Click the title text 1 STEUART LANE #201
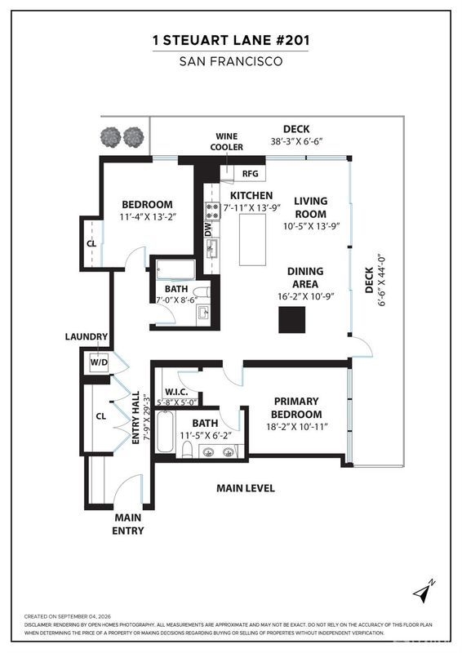pos(231,40)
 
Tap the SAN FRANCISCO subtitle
pos(231,62)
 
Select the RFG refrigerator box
pos(250,174)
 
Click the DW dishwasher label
pos(208,229)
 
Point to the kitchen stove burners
pos(212,211)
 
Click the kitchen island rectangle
pos(252,239)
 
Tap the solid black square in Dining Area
pos(291,319)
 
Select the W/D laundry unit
pos(99,362)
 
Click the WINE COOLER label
pos(227,141)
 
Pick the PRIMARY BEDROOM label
pos(296,407)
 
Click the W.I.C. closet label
pos(176,392)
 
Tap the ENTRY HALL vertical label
pos(135,418)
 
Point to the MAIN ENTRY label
pos(128,524)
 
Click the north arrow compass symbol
pos(424,591)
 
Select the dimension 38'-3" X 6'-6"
pos(296,141)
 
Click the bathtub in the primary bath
pos(165,431)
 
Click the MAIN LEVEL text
pos(246,488)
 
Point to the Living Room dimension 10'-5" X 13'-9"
pos(312,227)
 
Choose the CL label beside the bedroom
pos(91,243)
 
